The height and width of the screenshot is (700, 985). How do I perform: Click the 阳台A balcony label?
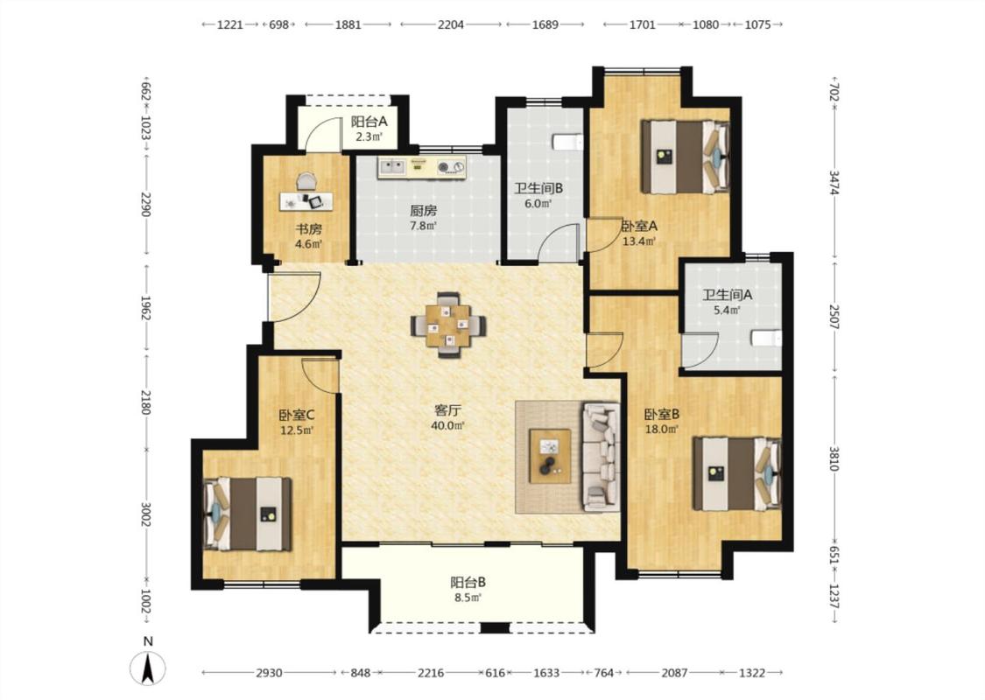click(x=369, y=122)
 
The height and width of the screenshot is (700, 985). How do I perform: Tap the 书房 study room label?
click(x=308, y=228)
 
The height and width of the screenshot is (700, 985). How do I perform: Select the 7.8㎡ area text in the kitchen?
click(x=423, y=226)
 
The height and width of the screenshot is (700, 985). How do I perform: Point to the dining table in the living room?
click(x=448, y=325)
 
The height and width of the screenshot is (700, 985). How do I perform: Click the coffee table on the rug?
click(x=551, y=456)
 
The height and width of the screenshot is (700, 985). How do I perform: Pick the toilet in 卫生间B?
click(x=568, y=143)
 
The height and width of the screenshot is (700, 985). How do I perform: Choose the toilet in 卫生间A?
click(x=766, y=339)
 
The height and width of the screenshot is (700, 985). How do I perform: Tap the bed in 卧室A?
click(x=686, y=157)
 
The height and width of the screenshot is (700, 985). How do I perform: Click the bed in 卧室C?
click(x=248, y=514)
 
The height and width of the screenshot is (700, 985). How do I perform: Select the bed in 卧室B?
click(x=737, y=474)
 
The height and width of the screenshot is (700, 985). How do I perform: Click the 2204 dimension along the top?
click(x=451, y=24)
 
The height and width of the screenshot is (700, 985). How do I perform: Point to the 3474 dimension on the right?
click(x=834, y=183)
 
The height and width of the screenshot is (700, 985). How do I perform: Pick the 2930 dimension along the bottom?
click(x=269, y=672)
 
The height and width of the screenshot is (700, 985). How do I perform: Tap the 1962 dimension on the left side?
click(x=145, y=308)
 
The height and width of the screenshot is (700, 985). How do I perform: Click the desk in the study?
click(x=306, y=201)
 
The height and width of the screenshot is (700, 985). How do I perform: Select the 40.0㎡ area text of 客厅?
click(x=448, y=425)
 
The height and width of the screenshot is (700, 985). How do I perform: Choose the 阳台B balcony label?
click(x=468, y=582)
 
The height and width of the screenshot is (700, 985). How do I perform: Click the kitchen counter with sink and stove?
click(x=422, y=167)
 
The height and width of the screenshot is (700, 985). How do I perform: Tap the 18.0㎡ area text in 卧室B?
click(x=662, y=430)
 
